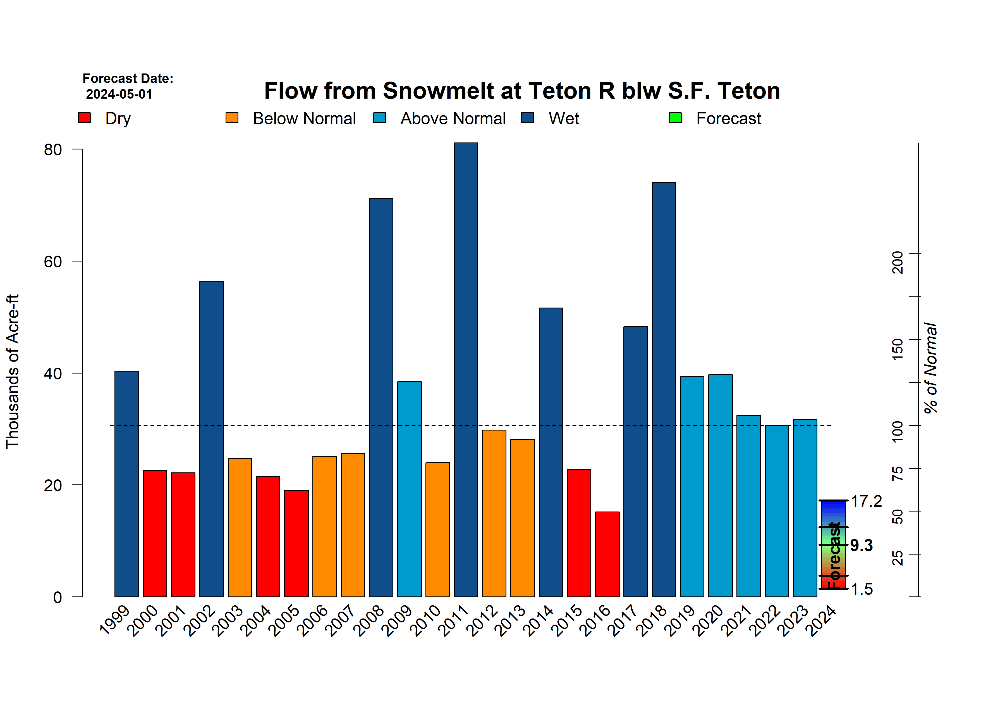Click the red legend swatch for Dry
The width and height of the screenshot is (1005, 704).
coord(84,118)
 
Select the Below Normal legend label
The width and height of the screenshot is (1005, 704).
coord(304,119)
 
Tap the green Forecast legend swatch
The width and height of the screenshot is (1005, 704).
coord(675,118)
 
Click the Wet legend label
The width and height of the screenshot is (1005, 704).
coord(564,119)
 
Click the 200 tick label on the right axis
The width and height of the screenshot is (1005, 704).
coord(897,262)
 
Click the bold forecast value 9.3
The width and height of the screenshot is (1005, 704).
coord(862,545)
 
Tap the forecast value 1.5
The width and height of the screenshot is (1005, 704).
coord(862,589)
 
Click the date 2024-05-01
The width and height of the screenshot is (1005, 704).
coord(119,94)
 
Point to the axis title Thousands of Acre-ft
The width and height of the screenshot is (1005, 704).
coord(12,372)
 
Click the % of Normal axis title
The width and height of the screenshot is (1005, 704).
coord(930,368)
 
